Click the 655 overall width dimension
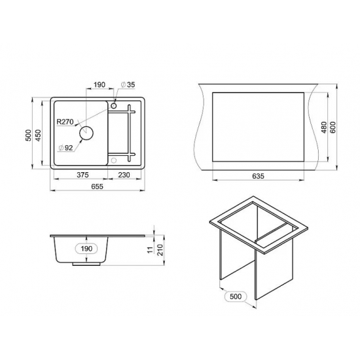click(x=98, y=187)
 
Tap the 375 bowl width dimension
click(x=82, y=175)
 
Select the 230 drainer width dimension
click(x=124, y=175)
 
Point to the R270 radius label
click(x=65, y=122)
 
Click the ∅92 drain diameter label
click(x=65, y=148)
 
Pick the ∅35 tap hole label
click(x=128, y=84)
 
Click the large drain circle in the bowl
click(x=86, y=133)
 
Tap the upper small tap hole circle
click(x=114, y=106)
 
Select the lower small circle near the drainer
click(x=114, y=160)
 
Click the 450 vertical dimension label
click(x=38, y=135)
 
